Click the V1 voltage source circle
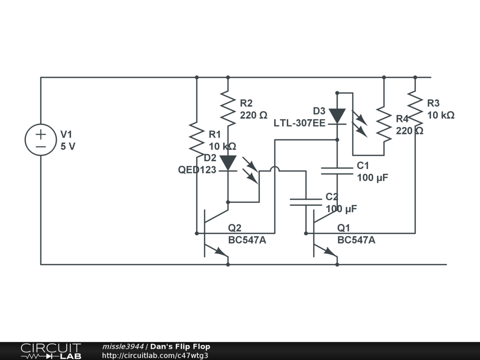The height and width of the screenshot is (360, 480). [x=41, y=140]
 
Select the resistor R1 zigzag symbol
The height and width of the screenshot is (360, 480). [x=196, y=139]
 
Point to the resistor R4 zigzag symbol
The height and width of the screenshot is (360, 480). [x=384, y=123]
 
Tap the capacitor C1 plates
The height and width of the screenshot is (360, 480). [x=337, y=171]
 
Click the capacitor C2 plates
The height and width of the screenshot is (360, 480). [x=306, y=202]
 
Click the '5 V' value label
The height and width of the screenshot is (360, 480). [x=68, y=146]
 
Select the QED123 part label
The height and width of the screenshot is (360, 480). [x=197, y=170]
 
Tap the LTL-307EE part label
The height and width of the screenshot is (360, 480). [x=300, y=123]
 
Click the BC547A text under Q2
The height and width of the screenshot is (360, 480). [x=247, y=240]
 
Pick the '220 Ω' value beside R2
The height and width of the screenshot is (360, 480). [x=254, y=115]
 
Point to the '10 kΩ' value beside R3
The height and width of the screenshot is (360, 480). [x=440, y=115]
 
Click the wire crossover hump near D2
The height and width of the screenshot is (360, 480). [x=275, y=170]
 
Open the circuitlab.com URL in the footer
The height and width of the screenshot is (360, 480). [x=155, y=356]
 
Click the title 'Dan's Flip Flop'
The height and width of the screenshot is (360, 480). [x=180, y=347]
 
